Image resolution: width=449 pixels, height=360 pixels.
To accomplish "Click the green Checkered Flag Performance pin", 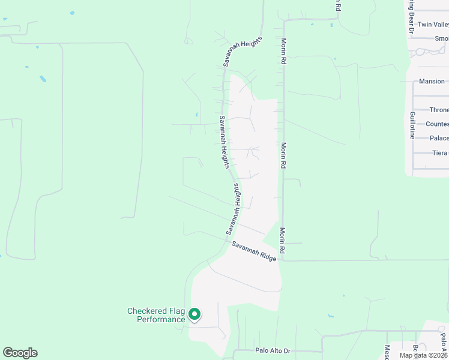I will pyautogui.click(x=194, y=314).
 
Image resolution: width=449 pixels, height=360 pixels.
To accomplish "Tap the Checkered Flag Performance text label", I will pyautogui.click(x=156, y=315).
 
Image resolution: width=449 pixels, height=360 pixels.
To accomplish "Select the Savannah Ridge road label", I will pyautogui.click(x=255, y=251).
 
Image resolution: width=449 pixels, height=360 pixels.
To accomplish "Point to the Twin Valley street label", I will pyautogui.click(x=433, y=25).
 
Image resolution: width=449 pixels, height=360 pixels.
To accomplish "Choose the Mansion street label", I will pyautogui.click(x=432, y=82).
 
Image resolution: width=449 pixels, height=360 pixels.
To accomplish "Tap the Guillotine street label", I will pyautogui.click(x=412, y=125).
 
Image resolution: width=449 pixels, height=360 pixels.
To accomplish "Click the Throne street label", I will pyautogui.click(x=439, y=110).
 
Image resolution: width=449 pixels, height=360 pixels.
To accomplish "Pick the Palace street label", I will pyautogui.click(x=439, y=139).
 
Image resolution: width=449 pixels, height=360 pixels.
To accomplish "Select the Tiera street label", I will pyautogui.click(x=440, y=153).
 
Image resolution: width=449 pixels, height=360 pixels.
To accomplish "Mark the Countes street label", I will pyautogui.click(x=437, y=124).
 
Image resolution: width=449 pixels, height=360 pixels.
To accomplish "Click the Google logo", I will pyautogui.click(x=20, y=353).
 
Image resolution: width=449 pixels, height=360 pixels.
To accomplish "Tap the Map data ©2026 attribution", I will pyautogui.click(x=424, y=355).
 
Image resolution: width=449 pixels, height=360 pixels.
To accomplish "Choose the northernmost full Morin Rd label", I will pyautogui.click(x=283, y=53).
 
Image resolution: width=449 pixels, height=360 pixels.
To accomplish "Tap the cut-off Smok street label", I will pyautogui.click(x=441, y=38).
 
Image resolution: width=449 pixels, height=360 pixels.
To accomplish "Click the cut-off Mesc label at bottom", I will pyautogui.click(x=388, y=352).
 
